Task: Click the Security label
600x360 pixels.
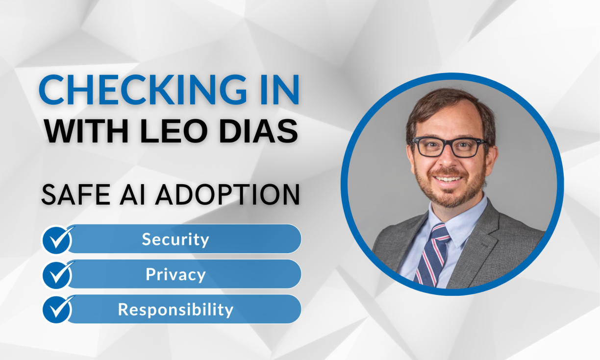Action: [175, 239]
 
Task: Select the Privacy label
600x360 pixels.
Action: [175, 274]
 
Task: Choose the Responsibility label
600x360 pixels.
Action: [175, 310]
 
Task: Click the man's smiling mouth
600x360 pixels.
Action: [449, 179]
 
